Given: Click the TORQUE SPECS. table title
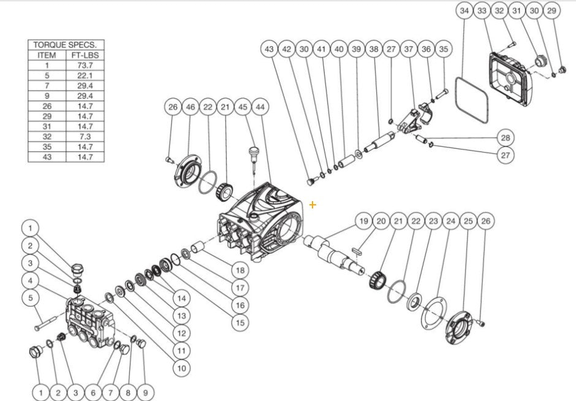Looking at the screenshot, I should click(67, 45).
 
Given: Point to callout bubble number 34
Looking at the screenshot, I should click(464, 11).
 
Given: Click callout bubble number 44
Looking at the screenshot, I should click(261, 107).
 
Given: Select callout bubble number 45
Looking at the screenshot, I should click(243, 107).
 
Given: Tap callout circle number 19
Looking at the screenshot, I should click(363, 221).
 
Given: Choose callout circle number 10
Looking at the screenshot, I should click(181, 368).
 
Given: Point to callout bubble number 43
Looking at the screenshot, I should click(268, 48).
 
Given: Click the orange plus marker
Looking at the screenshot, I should click(313, 205).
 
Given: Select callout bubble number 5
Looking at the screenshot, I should click(29, 298).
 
